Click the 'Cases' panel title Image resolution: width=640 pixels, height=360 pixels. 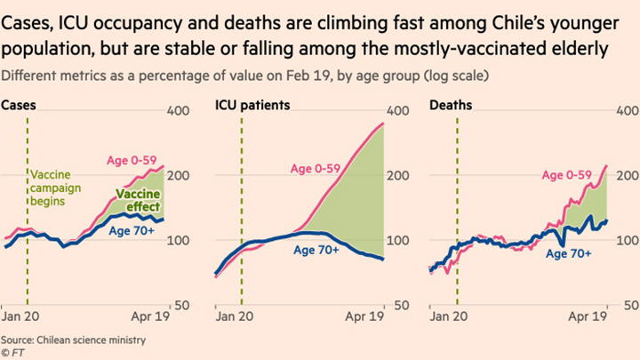[19, 105]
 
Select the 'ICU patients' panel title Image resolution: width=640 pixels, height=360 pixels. [252, 105]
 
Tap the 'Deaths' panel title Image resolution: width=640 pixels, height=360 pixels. [451, 105]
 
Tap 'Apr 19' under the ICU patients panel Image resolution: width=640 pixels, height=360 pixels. [365, 316]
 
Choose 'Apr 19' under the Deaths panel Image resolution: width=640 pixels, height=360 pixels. [588, 316]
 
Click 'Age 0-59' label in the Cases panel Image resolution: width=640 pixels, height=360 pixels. [130, 160]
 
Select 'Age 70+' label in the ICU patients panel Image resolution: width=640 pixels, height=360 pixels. [316, 251]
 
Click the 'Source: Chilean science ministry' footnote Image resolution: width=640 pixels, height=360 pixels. [73, 340]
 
